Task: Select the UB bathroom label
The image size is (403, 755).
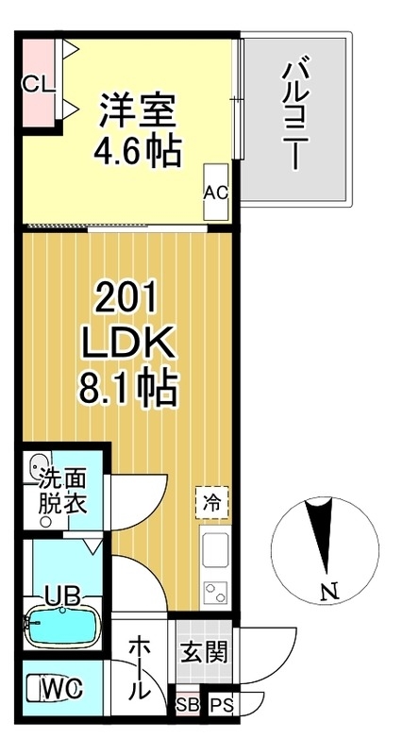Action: (x=59, y=596)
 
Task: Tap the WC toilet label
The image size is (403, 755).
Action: (x=55, y=690)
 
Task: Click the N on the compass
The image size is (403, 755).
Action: (x=327, y=593)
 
